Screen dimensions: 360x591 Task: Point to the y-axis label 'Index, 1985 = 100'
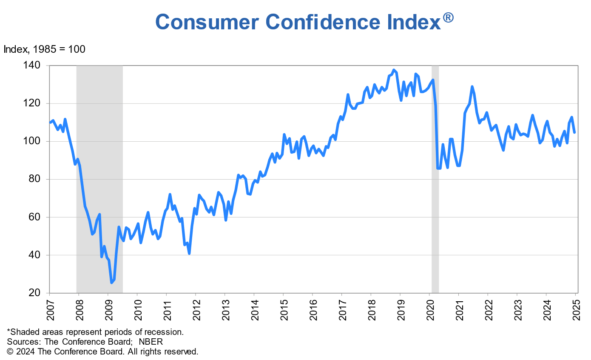45,49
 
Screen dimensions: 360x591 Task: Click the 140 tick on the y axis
34,66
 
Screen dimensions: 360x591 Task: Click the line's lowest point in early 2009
112,282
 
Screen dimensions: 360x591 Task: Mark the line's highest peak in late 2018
394,70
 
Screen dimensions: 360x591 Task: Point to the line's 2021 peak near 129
472,87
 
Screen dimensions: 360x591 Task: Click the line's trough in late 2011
189,253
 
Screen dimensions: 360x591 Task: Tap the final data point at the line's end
574,132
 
